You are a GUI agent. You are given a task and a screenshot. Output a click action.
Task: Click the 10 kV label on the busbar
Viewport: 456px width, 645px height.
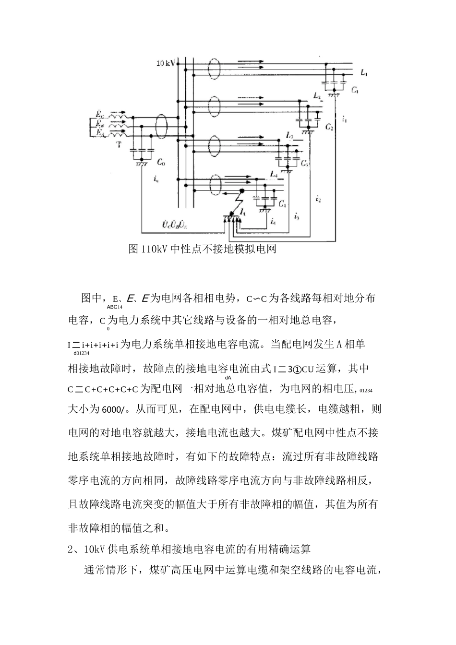[x=165, y=63]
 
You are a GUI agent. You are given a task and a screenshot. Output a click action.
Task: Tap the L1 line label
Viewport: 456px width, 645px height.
[x=364, y=73]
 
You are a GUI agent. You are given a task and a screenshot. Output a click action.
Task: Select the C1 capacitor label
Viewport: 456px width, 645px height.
[x=355, y=90]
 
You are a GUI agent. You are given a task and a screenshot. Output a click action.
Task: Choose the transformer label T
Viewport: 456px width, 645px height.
[x=119, y=143]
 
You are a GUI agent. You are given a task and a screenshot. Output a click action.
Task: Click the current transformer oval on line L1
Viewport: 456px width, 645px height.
[x=214, y=69]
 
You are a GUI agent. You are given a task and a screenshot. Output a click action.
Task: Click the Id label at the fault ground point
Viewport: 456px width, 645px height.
[x=243, y=212]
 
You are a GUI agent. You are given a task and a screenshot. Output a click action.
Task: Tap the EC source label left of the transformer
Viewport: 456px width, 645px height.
[x=99, y=114]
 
